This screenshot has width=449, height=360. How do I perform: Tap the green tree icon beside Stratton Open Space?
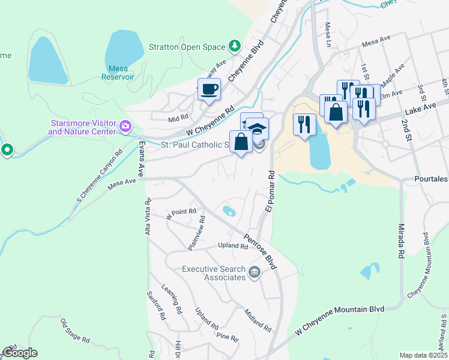234,46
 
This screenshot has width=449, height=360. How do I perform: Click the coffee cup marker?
209,90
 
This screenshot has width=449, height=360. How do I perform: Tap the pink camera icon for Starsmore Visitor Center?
126,126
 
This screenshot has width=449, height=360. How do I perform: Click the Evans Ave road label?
142,157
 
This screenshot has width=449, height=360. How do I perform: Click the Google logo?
19,353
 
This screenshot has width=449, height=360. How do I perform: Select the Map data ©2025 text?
423,355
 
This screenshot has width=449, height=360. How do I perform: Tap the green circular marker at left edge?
7,149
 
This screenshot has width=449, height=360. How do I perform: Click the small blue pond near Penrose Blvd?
229,211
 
